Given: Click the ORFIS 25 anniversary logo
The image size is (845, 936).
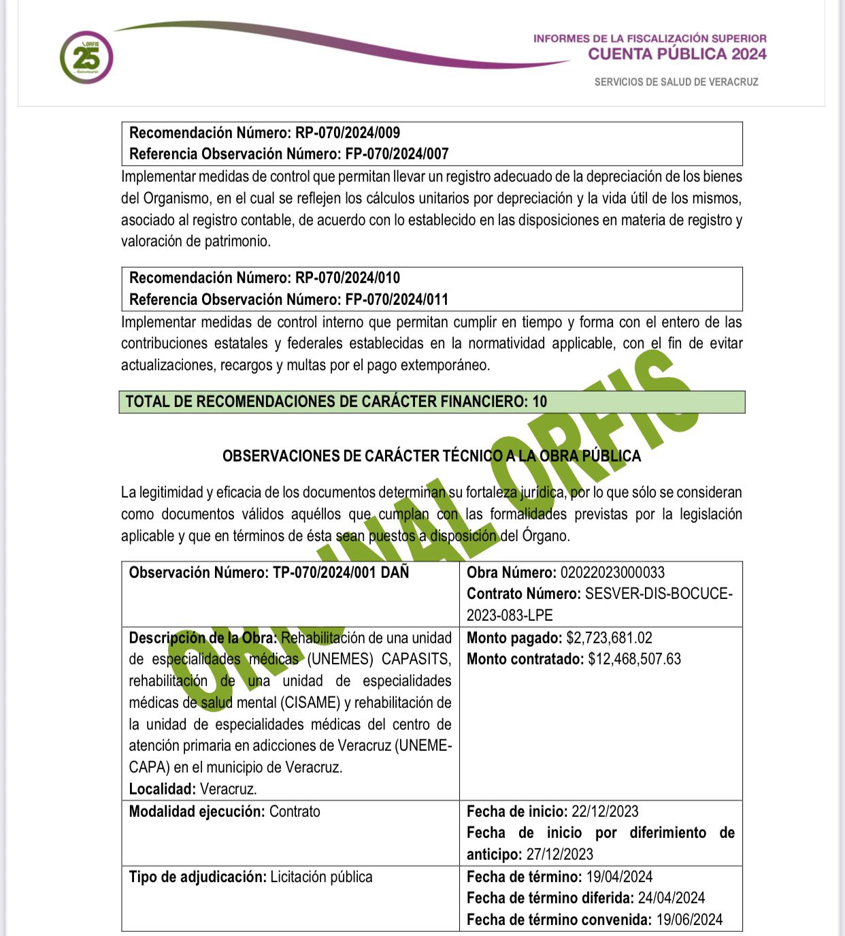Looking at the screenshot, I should pyautogui.click(x=86, y=57).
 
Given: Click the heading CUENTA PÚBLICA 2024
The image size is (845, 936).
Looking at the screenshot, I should pyautogui.click(x=677, y=54).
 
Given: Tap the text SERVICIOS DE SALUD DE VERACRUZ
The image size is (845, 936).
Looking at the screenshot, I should pyautogui.click(x=676, y=82).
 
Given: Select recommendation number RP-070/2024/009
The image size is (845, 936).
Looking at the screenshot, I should pyautogui.click(x=347, y=133).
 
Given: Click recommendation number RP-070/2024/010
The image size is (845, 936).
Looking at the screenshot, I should pyautogui.click(x=347, y=278).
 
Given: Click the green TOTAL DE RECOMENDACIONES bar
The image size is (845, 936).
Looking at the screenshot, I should pyautogui.click(x=431, y=402).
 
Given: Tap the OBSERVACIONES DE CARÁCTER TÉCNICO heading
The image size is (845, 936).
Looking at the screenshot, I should pyautogui.click(x=431, y=456).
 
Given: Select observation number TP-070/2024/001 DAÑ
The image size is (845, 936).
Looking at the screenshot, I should pyautogui.click(x=341, y=572).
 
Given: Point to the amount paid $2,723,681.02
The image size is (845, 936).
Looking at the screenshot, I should pyautogui.click(x=609, y=638).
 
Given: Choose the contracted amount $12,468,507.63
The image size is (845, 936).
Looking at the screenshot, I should pyautogui.click(x=634, y=659).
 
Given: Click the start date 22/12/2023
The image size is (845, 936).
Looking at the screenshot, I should pyautogui.click(x=605, y=811).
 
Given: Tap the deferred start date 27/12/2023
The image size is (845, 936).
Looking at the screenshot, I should pyautogui.click(x=560, y=854).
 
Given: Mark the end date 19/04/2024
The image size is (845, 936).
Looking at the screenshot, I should pyautogui.click(x=619, y=877).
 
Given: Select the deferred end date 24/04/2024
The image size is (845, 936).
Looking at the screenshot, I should pyautogui.click(x=671, y=898).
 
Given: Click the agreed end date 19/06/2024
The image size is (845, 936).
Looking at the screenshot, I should pyautogui.click(x=689, y=920).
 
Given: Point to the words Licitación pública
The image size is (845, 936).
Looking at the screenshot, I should pyautogui.click(x=321, y=877).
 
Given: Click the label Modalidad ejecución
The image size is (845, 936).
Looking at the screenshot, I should pyautogui.click(x=197, y=811).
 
